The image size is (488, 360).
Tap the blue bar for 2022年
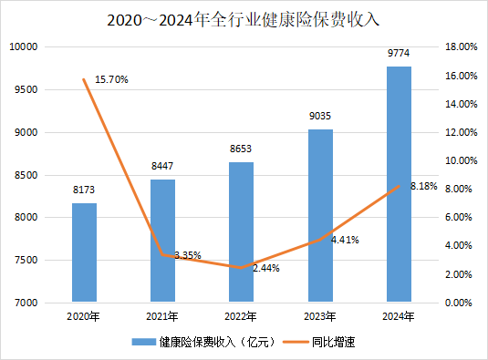(x=241, y=231)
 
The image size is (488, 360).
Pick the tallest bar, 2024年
(x=399, y=183)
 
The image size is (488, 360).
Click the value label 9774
(x=399, y=55)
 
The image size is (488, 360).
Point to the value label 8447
(x=162, y=168)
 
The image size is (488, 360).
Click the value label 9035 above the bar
(x=320, y=118)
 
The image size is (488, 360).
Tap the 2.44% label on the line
(x=264, y=269)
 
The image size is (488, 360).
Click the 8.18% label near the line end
(x=424, y=187)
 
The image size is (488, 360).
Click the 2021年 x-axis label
(x=162, y=316)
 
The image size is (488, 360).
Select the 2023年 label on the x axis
(x=320, y=316)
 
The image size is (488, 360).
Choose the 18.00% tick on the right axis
(x=460, y=47)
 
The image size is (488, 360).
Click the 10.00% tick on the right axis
(x=460, y=160)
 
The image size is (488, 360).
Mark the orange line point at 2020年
(x=84, y=79)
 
